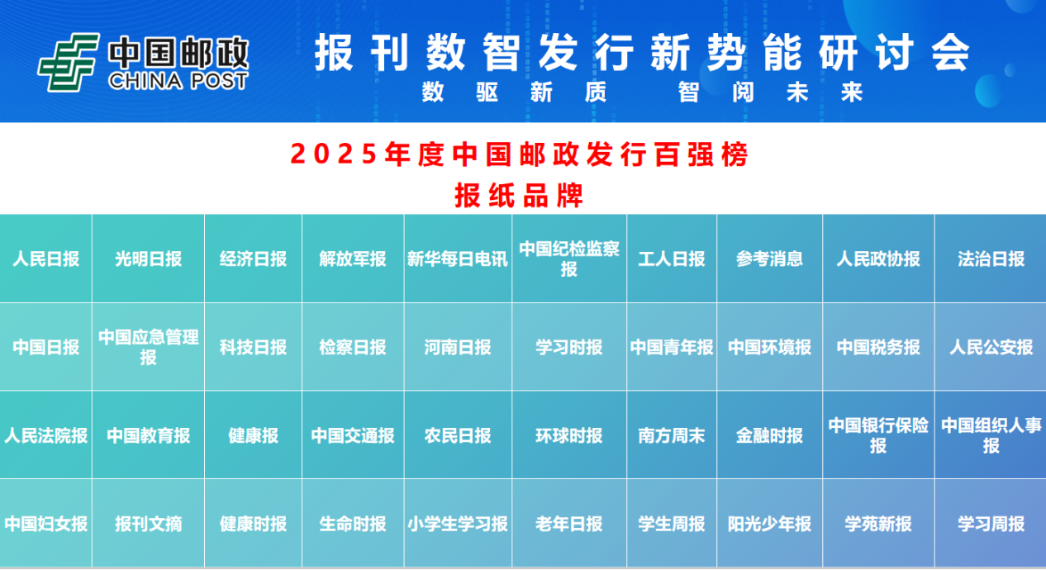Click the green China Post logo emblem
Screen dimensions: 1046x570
click(x=69, y=62)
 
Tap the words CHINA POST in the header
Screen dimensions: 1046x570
click(x=178, y=81)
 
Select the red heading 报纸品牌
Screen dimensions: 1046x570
click(x=519, y=195)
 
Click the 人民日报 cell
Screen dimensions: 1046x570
click(x=45, y=259)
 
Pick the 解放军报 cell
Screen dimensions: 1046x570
click(x=353, y=259)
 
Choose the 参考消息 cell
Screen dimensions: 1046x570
click(x=769, y=259)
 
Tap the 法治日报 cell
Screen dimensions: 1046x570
click(x=991, y=259)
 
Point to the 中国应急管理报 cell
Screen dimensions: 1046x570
click(x=148, y=347)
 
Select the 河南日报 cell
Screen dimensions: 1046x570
click(x=458, y=347)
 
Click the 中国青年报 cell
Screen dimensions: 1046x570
click(x=672, y=347)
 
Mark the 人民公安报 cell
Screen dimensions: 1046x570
click(x=991, y=347)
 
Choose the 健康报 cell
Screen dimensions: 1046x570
click(x=253, y=435)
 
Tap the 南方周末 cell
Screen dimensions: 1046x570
click(x=672, y=435)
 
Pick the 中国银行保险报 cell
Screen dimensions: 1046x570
click(x=878, y=435)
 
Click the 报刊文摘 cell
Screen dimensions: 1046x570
click(x=148, y=523)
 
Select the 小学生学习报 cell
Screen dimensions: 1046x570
click(x=458, y=523)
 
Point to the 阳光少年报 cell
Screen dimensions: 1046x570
click(x=769, y=523)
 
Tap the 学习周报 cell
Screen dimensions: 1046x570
click(x=991, y=523)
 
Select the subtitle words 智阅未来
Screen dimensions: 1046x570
click(x=770, y=92)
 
